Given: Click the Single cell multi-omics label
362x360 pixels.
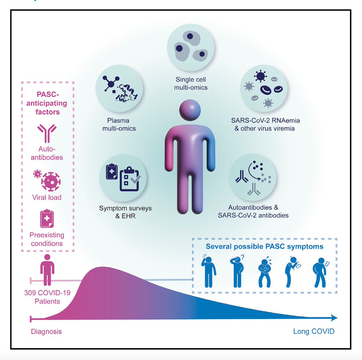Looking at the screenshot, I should click(x=191, y=84).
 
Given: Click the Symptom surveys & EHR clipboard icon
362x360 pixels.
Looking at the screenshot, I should click(x=123, y=177).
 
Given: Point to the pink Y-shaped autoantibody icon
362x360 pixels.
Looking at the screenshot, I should click(x=47, y=133).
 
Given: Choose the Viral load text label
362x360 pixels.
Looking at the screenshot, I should click(x=47, y=197).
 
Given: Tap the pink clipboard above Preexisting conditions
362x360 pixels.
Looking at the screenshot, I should click(x=47, y=219).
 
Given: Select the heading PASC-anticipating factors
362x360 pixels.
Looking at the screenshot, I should click(x=47, y=103).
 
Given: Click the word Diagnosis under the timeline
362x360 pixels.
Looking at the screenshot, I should click(x=46, y=331).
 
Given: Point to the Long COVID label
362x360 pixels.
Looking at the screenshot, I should click(x=314, y=331).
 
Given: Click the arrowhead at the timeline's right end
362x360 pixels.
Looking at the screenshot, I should click(x=334, y=318).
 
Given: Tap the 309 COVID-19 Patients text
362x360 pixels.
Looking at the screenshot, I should click(x=47, y=297).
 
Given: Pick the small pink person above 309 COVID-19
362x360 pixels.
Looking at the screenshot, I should click(x=47, y=270).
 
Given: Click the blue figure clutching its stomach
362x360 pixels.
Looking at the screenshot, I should click(x=265, y=272).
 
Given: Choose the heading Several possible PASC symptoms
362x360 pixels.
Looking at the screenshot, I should click(x=265, y=247).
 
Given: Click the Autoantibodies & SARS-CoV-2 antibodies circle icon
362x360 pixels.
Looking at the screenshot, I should click(x=252, y=177).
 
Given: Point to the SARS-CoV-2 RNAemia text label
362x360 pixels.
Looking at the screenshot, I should click(x=265, y=120).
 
